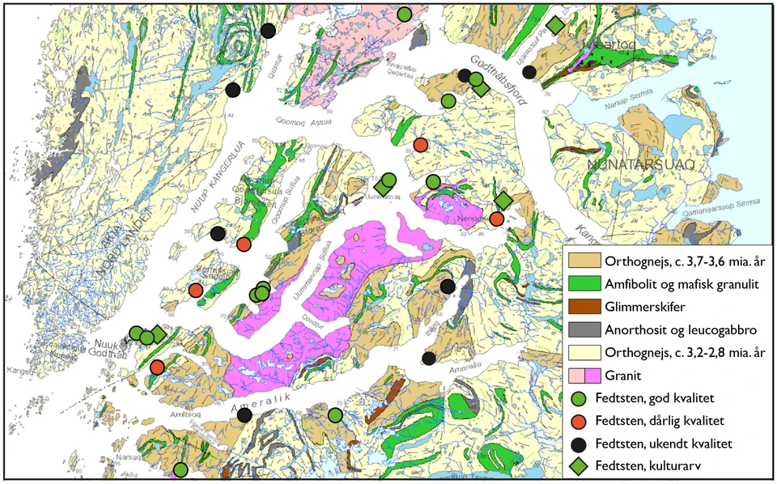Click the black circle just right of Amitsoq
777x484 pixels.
244,415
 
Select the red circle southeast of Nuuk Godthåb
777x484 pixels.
158,367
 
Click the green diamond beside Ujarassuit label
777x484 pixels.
554,26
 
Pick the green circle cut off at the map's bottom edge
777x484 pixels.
180,469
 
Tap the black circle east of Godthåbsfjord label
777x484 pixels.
529,72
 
